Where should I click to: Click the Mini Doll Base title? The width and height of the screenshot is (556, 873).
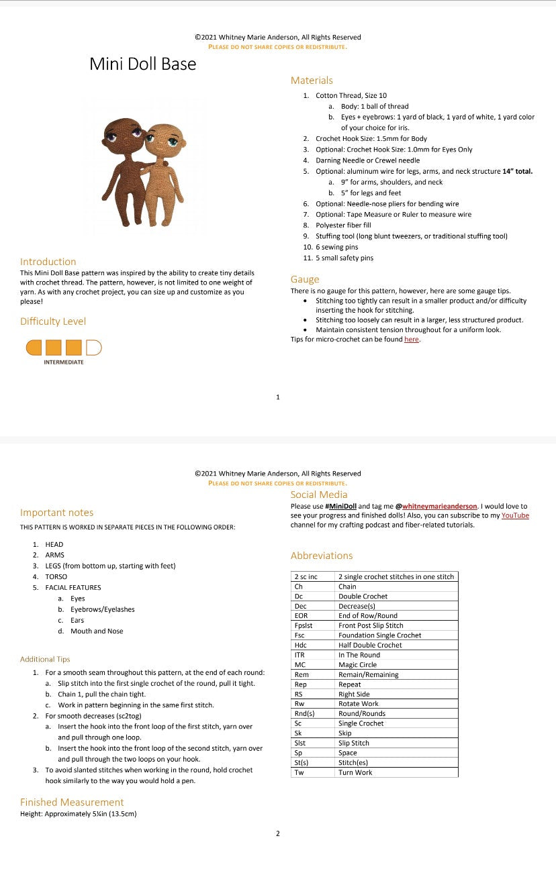coord(142,64)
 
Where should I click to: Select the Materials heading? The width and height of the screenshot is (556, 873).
coord(311,81)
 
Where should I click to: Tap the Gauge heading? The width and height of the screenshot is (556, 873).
coord(304,279)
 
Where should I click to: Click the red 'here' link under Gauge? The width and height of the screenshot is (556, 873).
coord(411,340)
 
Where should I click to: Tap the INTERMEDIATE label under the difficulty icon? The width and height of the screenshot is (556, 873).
coord(64,362)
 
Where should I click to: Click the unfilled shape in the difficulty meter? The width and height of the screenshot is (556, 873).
coord(93,347)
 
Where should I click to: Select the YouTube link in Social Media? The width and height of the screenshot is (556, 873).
coord(515,515)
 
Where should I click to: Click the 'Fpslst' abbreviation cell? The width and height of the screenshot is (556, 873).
coord(304,625)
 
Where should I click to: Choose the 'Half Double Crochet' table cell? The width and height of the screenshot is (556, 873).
coord(370,645)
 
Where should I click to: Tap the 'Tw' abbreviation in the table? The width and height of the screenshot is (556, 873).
coord(299,772)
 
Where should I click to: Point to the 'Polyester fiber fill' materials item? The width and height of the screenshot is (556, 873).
coord(343,225)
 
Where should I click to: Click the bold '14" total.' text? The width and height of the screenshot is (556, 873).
coord(517,171)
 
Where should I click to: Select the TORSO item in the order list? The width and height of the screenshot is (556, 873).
coord(56,576)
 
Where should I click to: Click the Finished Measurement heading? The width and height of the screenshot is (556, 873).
coord(72,802)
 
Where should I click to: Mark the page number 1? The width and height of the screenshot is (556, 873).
coord(278,397)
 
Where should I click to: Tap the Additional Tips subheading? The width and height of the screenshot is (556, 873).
coord(45,659)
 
